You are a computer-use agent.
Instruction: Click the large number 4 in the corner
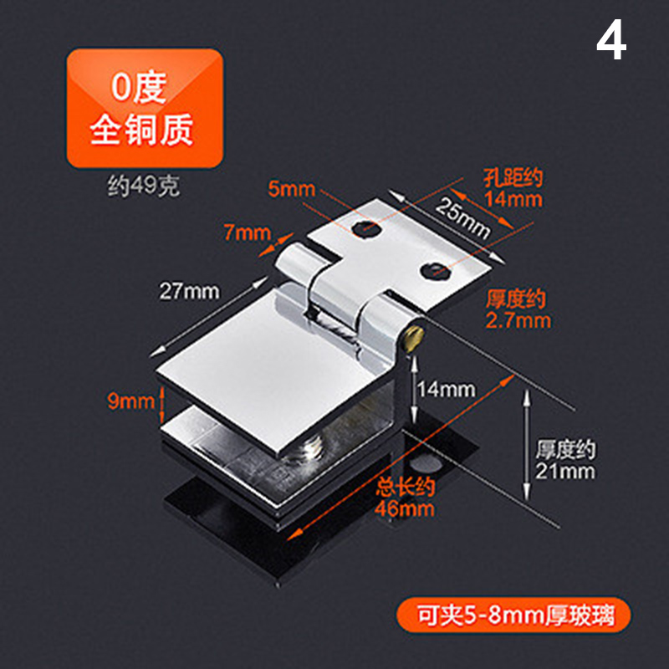click(611, 41)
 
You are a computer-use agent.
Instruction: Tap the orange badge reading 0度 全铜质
click(145, 108)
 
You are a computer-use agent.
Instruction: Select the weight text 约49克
click(143, 186)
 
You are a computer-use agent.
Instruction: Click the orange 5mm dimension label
click(291, 189)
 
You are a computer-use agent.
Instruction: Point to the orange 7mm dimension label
click(248, 232)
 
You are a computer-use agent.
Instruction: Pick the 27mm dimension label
click(190, 291)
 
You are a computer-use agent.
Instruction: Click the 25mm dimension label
click(463, 217)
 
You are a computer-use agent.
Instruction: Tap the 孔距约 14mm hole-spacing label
click(513, 188)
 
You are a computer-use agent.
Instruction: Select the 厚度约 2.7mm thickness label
click(518, 309)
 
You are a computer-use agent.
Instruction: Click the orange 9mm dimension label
click(130, 401)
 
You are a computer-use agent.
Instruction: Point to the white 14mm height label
click(446, 390)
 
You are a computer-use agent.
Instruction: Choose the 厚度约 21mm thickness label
click(565, 461)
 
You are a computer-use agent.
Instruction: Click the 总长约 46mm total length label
click(405, 498)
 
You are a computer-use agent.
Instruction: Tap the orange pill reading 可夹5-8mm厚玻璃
click(513, 615)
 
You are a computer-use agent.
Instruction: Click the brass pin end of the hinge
click(414, 339)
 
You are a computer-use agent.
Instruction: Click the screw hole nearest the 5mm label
click(366, 228)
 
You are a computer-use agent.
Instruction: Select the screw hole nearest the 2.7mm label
click(435, 270)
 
